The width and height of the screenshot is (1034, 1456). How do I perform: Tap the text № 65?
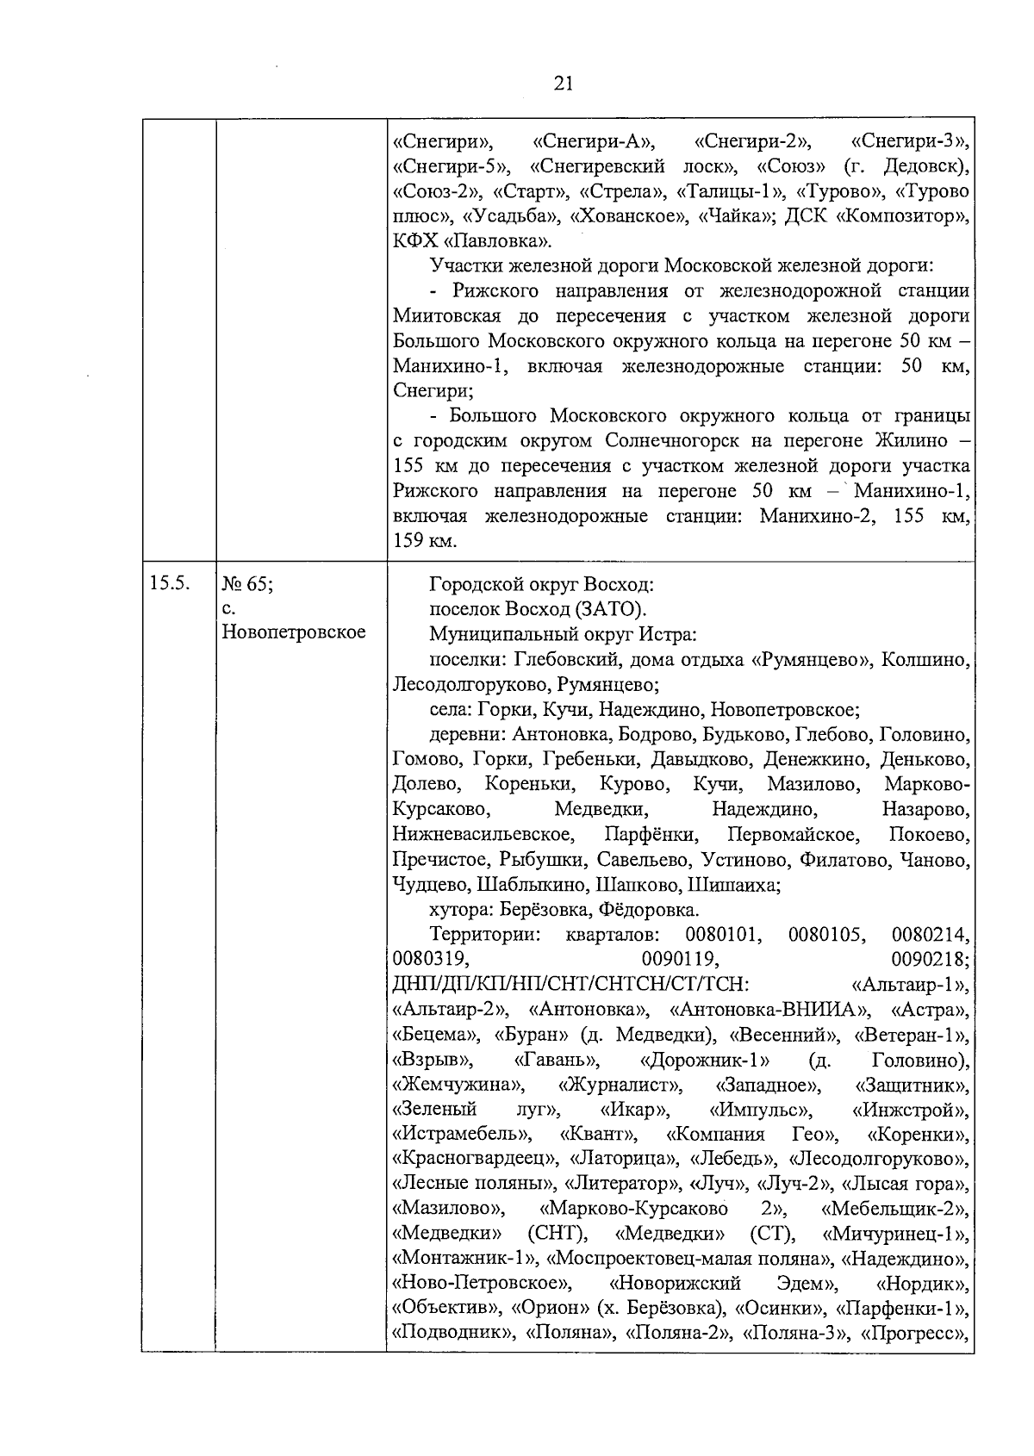coord(248,584)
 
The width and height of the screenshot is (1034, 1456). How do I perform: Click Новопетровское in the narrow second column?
coord(294,632)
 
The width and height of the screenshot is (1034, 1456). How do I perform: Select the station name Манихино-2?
coord(819,516)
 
